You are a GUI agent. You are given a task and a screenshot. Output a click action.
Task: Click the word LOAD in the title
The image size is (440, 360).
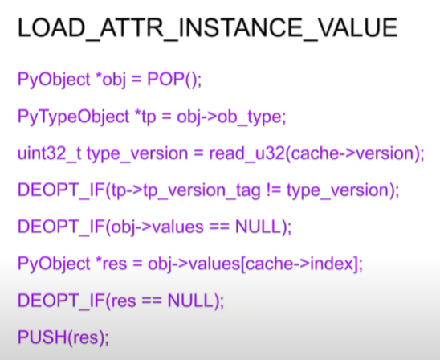pos(51,27)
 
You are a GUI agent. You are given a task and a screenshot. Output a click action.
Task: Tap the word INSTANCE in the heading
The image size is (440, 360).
pos(240,27)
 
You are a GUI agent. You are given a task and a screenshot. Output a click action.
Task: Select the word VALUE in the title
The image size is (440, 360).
pos(358,27)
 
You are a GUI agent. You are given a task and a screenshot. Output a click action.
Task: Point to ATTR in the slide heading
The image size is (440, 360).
pos(132,27)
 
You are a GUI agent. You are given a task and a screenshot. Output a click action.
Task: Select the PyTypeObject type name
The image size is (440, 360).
pos(73,117)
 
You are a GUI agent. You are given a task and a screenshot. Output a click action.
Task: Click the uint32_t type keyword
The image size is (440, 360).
pos(50,153)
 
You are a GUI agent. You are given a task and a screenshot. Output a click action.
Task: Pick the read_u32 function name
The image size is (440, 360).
pos(247,153)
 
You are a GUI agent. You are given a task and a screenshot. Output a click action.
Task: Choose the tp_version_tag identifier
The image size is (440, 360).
pos(202,191)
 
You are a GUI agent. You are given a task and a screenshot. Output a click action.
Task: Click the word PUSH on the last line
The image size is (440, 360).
pos(43,337)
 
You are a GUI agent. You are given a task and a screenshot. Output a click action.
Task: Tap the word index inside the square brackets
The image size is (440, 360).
pos(332,264)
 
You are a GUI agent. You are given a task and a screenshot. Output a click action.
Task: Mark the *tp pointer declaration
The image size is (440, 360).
pos(145,117)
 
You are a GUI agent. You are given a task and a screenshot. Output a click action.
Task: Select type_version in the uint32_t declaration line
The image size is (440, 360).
pos(137,154)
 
